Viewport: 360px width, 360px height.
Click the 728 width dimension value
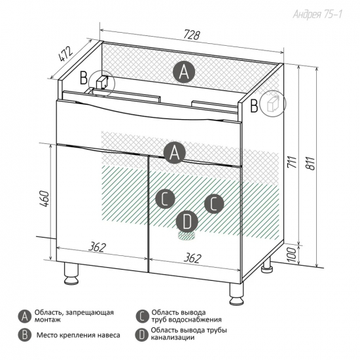coord(192,35)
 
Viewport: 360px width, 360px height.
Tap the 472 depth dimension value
coord(66,54)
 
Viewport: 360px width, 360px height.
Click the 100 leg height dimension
coord(292,255)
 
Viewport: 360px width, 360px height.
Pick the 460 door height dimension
coord(45,199)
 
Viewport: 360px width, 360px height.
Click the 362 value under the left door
coord(98,247)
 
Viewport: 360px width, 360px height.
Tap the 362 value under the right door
coord(192,258)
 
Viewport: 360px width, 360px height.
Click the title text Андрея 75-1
coord(317,14)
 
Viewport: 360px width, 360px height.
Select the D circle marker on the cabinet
coord(187,221)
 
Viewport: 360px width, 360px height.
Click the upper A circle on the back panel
coord(184,72)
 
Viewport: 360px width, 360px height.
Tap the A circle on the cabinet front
coord(174,153)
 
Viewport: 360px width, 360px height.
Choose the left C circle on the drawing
coord(165,199)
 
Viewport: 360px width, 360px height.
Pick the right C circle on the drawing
coord(214,204)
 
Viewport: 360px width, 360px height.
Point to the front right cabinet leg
coord(236,294)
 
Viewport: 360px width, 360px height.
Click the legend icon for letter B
coord(25,335)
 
